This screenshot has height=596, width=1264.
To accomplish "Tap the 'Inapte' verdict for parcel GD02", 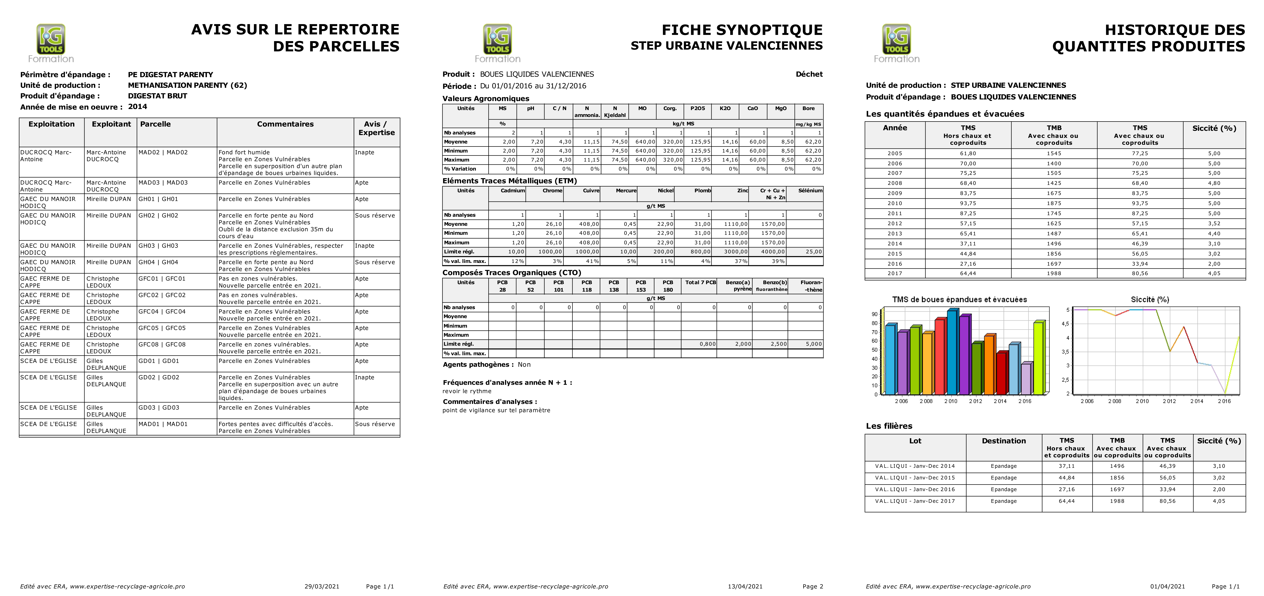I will point(365,378).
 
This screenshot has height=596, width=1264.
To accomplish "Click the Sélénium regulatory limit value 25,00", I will point(813,252).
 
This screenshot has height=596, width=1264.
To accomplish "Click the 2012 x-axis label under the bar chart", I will point(976,401).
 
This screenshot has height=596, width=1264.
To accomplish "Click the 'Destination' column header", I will point(1004,441).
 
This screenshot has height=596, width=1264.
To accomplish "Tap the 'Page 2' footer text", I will point(812,586).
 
